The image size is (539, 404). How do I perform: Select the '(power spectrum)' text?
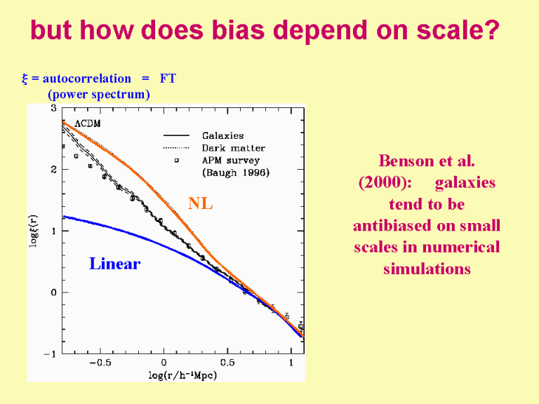[99, 94]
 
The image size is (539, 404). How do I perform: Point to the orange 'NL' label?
[200, 204]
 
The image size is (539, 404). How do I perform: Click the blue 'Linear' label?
[114, 264]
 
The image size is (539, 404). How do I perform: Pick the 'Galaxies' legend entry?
[222, 135]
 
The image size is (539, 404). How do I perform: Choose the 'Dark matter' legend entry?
[233, 148]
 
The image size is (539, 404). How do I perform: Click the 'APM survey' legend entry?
[231, 160]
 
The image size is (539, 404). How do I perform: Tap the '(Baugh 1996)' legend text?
[235, 172]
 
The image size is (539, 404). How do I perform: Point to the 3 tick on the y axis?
[54, 109]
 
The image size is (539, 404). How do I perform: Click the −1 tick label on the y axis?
[51, 354]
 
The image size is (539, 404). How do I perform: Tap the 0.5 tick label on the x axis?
[227, 363]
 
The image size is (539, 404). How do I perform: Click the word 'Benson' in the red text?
[408, 161]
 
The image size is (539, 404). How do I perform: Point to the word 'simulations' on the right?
[426, 269]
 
